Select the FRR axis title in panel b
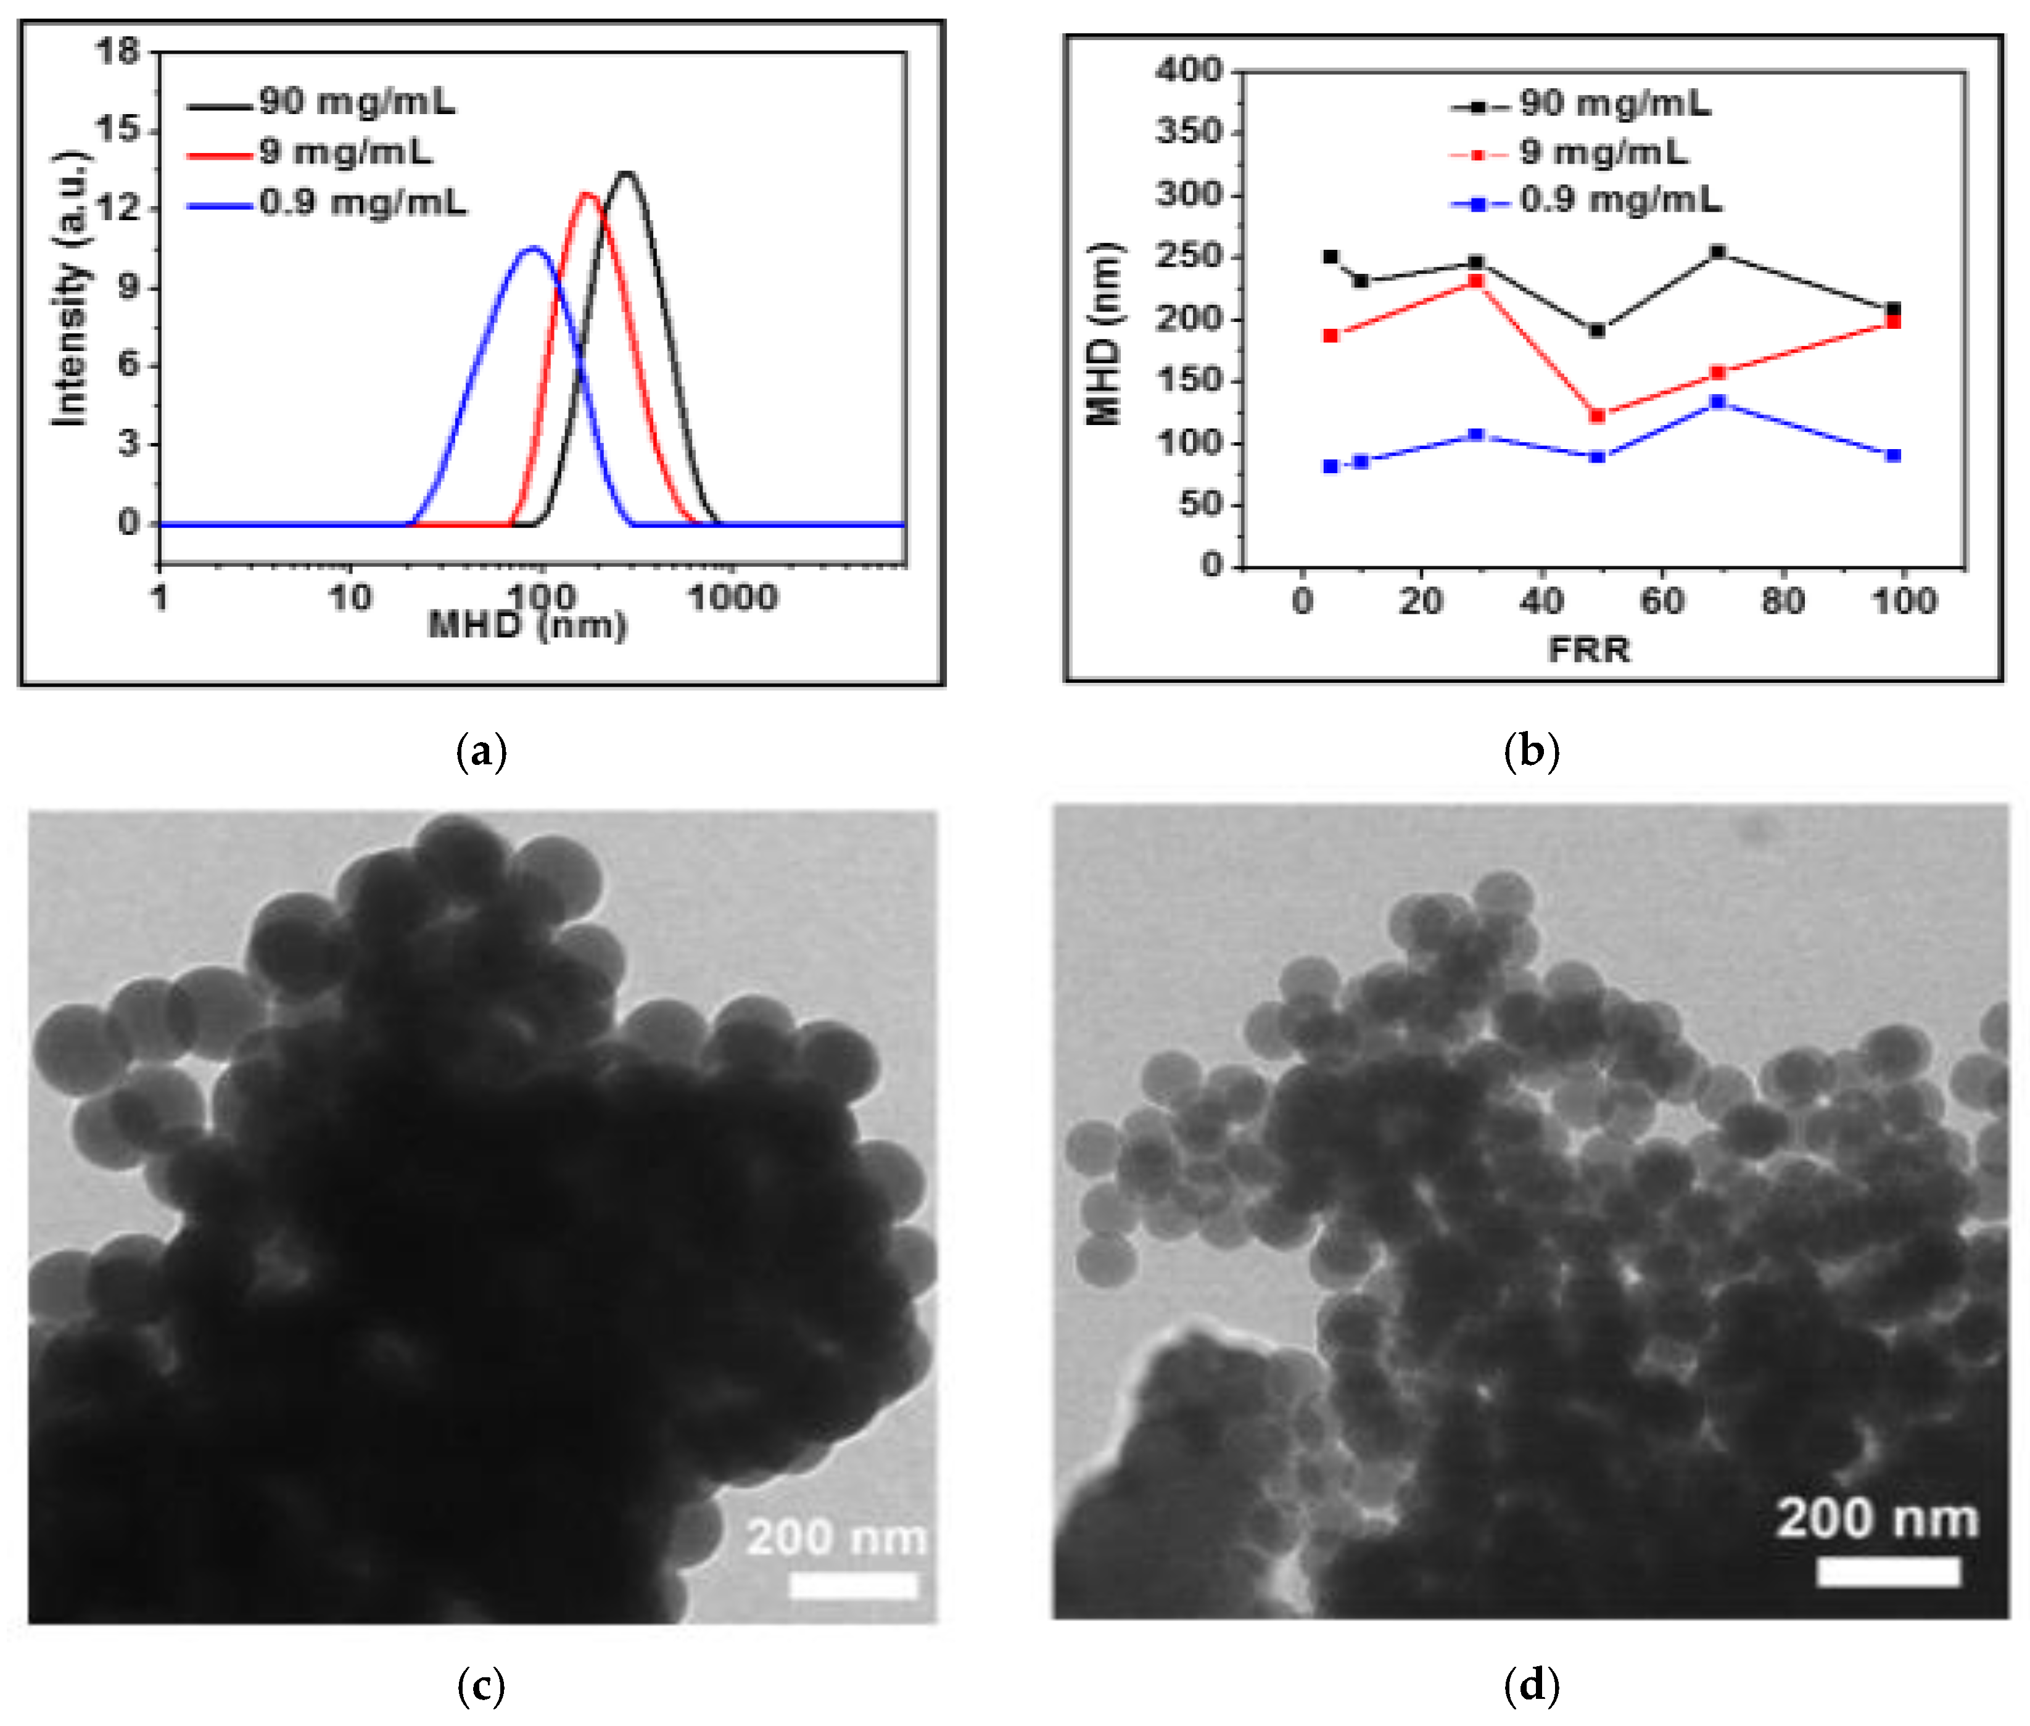(1589, 650)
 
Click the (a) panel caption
(481, 751)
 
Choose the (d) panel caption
(1531, 1685)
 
